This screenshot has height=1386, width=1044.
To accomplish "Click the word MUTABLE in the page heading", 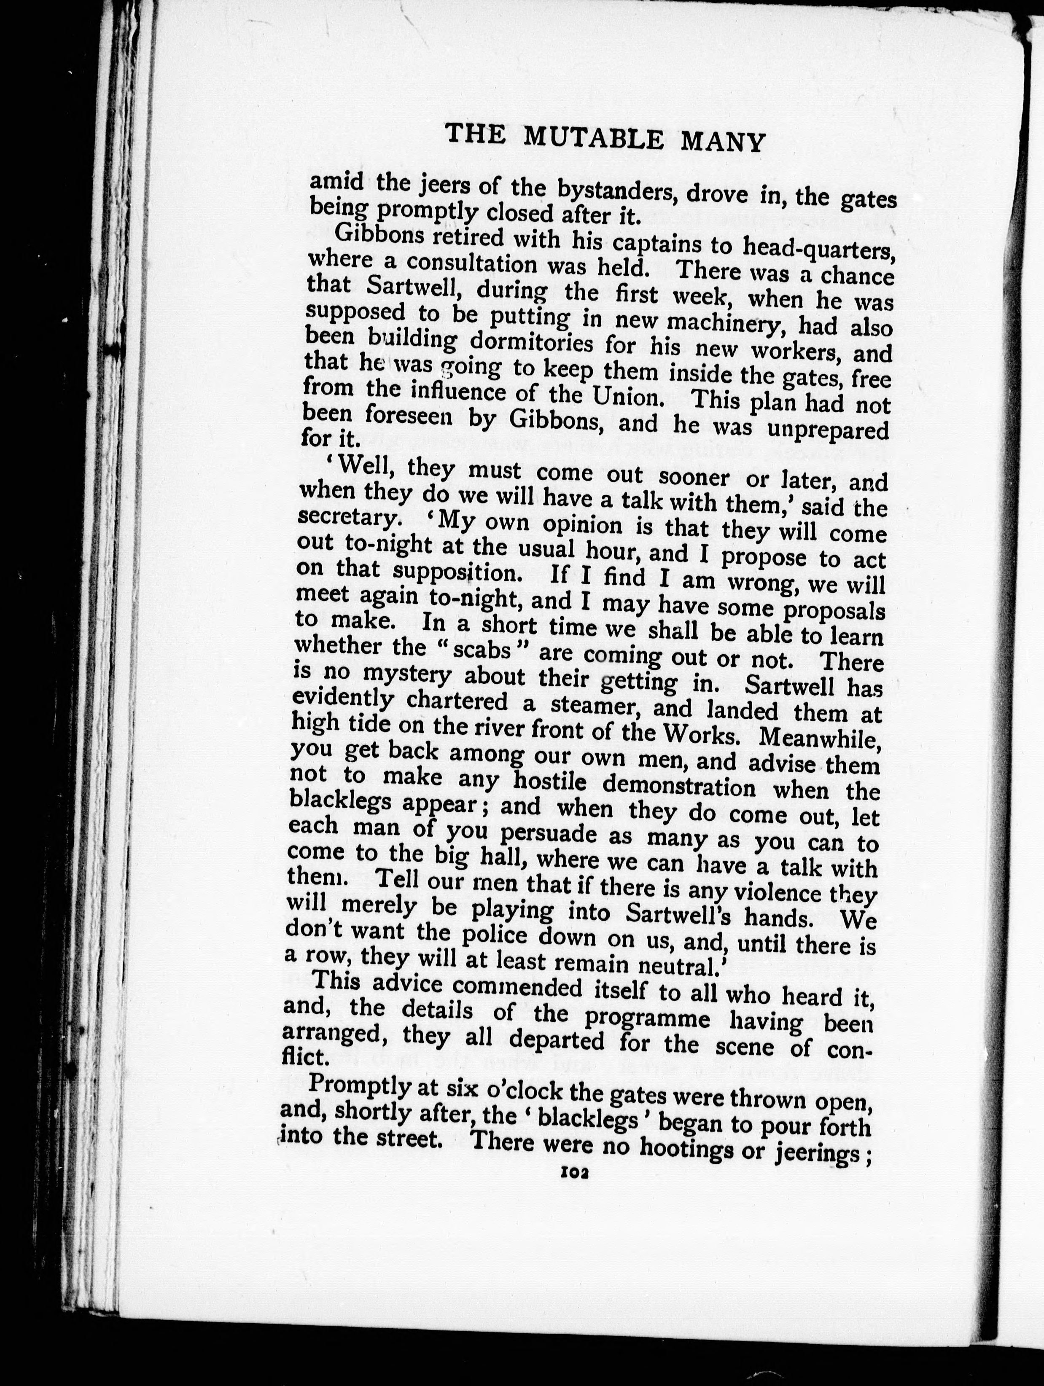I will click(593, 137).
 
